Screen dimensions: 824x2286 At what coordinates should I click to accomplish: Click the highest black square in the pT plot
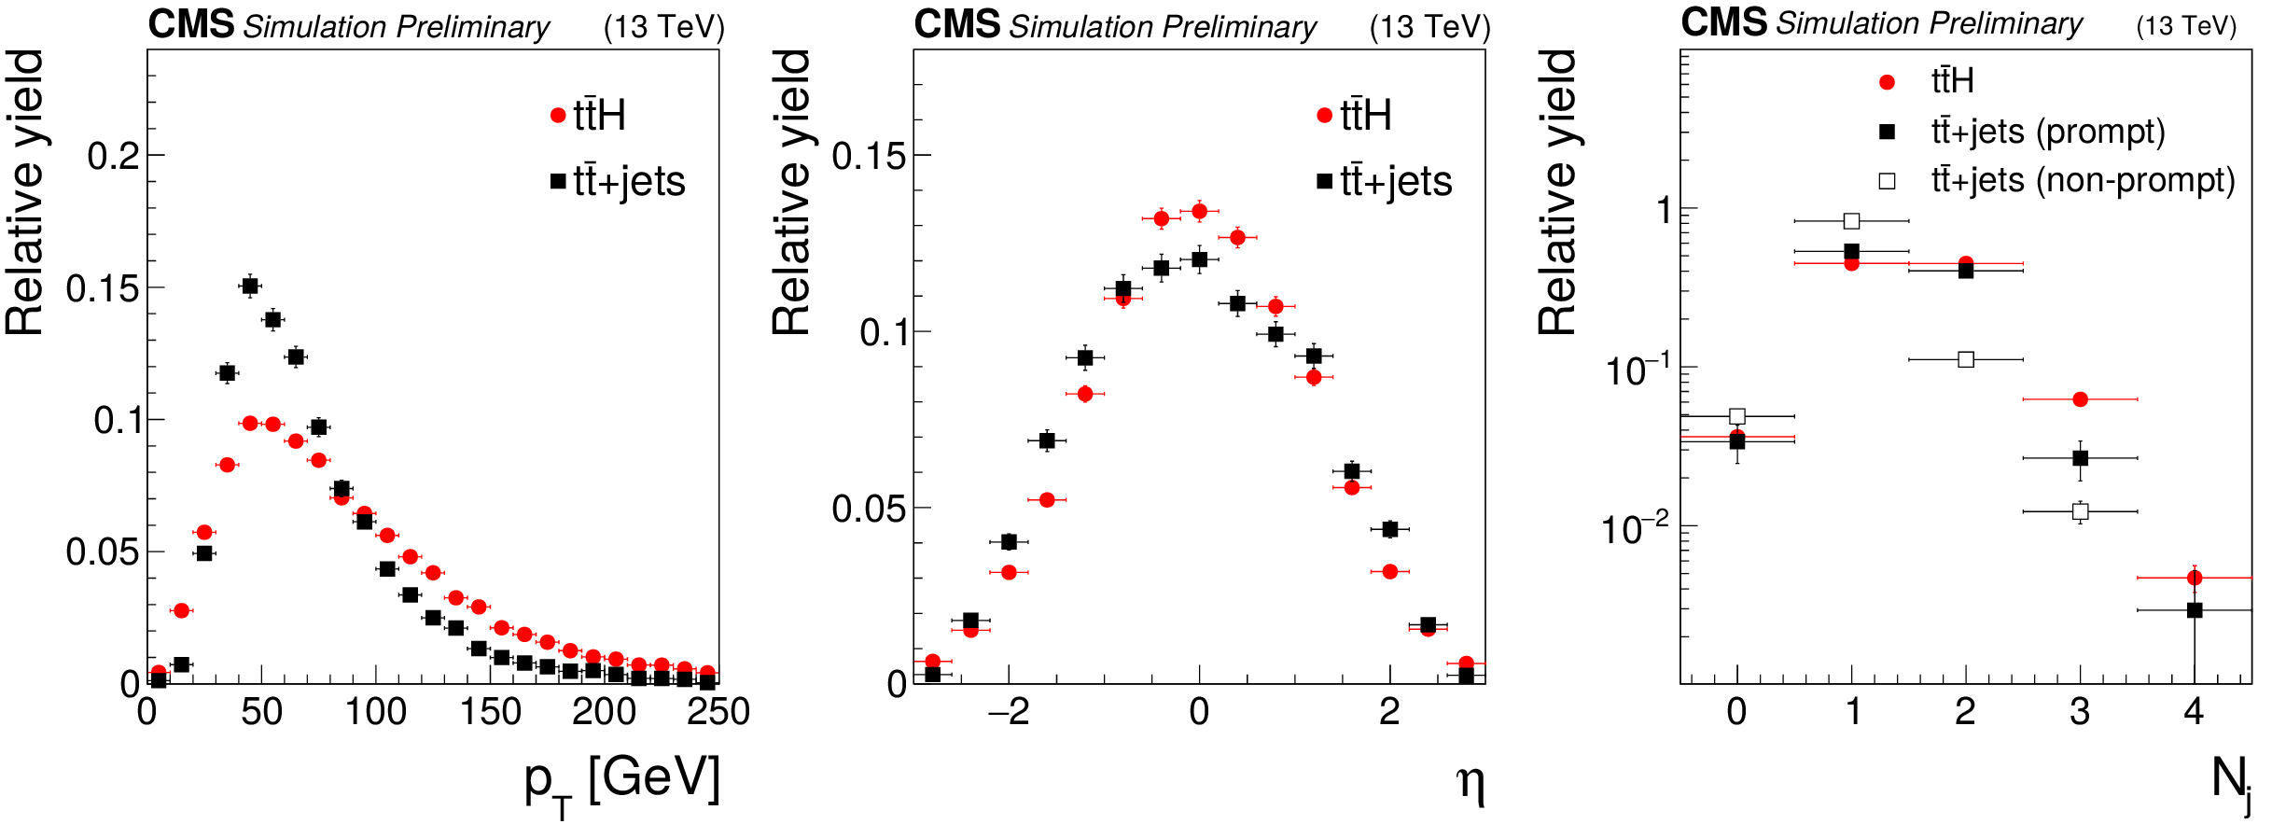(x=250, y=286)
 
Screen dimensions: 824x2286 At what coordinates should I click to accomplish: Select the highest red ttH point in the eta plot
(x=1200, y=211)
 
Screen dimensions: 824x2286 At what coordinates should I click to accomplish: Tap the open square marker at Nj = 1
(x=1852, y=221)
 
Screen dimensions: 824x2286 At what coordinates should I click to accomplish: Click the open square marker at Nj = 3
(x=2080, y=511)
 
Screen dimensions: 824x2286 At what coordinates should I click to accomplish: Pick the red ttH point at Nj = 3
(x=2080, y=399)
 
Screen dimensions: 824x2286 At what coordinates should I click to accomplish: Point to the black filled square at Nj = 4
(x=2195, y=610)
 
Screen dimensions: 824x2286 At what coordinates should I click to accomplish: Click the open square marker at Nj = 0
(x=1737, y=416)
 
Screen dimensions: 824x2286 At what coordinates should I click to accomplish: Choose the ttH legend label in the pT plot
(x=599, y=116)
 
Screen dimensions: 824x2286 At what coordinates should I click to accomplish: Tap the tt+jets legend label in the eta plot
(x=1396, y=181)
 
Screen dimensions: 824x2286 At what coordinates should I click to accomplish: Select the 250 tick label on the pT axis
(x=718, y=712)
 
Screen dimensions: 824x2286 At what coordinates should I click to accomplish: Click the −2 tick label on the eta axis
(x=1008, y=712)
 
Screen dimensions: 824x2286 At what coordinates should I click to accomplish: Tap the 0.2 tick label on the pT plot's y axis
(x=113, y=156)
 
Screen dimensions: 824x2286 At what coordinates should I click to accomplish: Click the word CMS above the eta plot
(x=956, y=24)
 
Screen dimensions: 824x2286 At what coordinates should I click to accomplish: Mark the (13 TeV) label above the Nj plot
(x=2186, y=25)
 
